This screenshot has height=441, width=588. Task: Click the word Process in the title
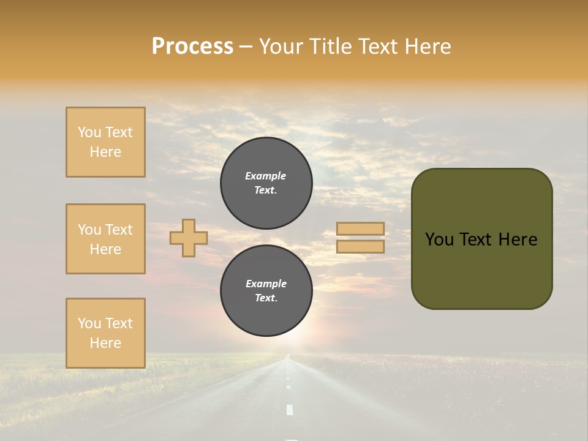pyautogui.click(x=192, y=47)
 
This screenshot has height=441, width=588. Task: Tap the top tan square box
pyautogui.click(x=105, y=142)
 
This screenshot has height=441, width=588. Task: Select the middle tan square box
pyautogui.click(x=105, y=239)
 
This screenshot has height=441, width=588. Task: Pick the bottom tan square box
pyautogui.click(x=105, y=333)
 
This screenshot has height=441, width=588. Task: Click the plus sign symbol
pyautogui.click(x=189, y=238)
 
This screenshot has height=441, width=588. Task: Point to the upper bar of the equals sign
pyautogui.click(x=360, y=228)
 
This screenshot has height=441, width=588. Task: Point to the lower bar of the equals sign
pyautogui.click(x=360, y=247)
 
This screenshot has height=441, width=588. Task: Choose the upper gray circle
pyautogui.click(x=266, y=183)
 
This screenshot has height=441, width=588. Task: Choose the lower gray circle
pyautogui.click(x=266, y=290)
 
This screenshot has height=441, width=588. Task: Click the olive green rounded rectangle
pyautogui.click(x=481, y=269)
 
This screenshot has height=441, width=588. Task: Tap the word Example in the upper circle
pyautogui.click(x=265, y=176)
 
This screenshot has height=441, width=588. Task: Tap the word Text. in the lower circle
pyautogui.click(x=266, y=298)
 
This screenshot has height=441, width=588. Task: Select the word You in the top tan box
pyautogui.click(x=89, y=132)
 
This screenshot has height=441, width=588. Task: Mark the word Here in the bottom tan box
pyautogui.click(x=105, y=343)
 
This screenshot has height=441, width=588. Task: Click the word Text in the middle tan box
pyautogui.click(x=119, y=230)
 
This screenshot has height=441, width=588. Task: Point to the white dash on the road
pyautogui.click(x=290, y=410)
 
